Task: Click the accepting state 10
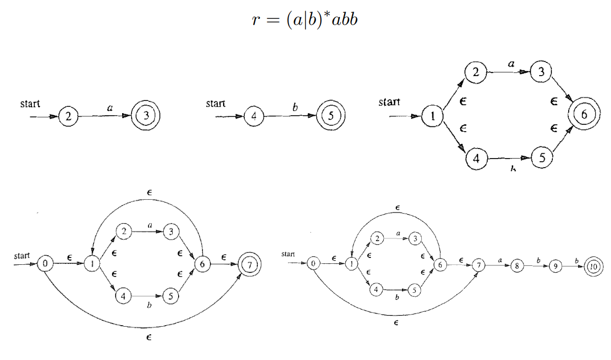(593, 267)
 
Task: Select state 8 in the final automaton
(516, 266)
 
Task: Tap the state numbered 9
(554, 267)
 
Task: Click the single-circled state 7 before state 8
(478, 265)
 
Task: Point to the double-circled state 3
(145, 116)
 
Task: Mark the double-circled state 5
(330, 116)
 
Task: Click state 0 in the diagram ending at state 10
(314, 263)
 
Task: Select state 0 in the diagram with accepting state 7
(46, 263)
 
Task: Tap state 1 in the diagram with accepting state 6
(432, 116)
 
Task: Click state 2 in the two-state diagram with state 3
(69, 116)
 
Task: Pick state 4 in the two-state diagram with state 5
(254, 116)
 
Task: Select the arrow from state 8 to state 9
(535, 266)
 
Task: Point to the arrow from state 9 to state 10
(573, 267)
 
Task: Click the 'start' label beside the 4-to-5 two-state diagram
(216, 104)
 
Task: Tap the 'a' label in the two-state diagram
(110, 107)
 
